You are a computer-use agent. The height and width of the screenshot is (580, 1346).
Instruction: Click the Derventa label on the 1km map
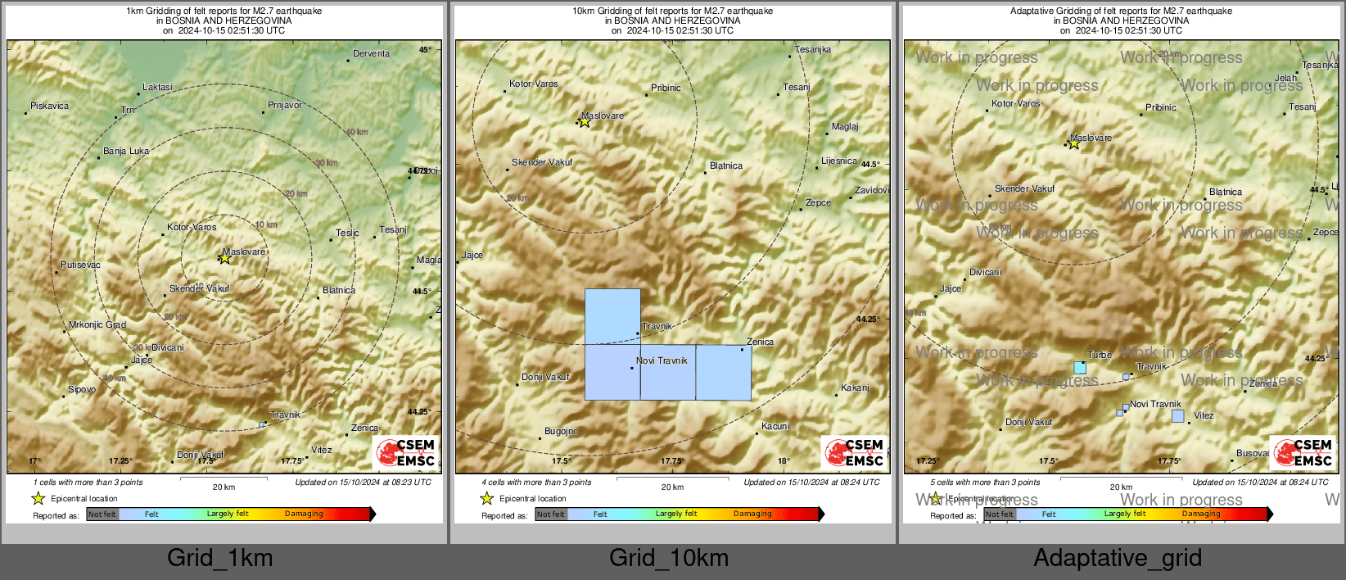[x=371, y=54]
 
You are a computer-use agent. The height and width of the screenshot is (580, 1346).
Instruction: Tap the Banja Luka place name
[x=126, y=152]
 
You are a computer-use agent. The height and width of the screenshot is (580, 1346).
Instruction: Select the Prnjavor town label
[x=285, y=106]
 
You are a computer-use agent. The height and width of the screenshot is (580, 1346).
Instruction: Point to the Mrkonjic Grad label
[x=97, y=325]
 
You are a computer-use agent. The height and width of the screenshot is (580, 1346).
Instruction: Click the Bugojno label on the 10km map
[x=562, y=432]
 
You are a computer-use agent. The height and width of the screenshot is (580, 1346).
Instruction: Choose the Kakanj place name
[x=855, y=388]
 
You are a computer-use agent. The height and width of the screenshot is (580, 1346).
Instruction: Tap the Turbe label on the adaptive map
[x=1100, y=356]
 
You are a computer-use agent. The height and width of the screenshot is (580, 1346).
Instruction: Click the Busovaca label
[x=1253, y=453]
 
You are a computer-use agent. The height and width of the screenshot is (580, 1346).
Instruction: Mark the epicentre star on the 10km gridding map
[x=585, y=122]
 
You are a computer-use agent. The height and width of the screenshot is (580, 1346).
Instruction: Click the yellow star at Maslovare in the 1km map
[x=224, y=258]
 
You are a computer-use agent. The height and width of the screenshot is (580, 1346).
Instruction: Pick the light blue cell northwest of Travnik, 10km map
[x=612, y=316]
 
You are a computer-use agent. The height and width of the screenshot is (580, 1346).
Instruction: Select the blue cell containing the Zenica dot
[x=724, y=373]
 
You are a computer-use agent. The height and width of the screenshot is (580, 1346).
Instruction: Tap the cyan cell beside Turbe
[x=1080, y=368]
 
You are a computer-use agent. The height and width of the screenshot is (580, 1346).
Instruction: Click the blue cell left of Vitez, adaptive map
[x=1177, y=416]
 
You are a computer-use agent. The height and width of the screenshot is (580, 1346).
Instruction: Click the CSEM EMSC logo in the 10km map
[x=855, y=452]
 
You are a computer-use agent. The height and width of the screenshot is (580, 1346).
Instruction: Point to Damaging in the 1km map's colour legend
[x=304, y=514]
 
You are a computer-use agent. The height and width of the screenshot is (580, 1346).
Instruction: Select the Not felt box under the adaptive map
[x=999, y=514]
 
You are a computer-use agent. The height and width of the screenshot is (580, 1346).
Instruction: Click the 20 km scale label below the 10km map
[x=672, y=487]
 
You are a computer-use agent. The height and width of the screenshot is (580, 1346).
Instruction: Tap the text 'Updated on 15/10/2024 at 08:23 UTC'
[x=363, y=483]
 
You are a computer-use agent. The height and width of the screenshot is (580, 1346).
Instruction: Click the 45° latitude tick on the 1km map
[x=425, y=50]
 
